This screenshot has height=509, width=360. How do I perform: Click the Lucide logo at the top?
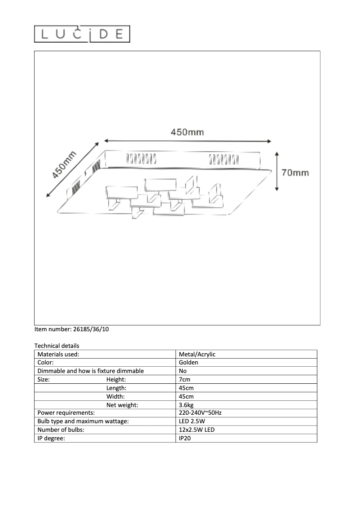click(82, 34)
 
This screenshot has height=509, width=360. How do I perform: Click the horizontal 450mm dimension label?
click(187, 132)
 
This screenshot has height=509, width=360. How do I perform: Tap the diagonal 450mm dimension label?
click(64, 165)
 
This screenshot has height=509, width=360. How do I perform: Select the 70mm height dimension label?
click(295, 172)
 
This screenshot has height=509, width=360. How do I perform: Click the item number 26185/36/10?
click(72, 329)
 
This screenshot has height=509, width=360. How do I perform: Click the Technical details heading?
click(57, 346)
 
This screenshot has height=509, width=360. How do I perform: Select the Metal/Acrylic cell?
click(197, 354)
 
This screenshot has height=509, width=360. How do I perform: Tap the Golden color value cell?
click(189, 362)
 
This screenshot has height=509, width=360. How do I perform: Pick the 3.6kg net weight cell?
click(186, 405)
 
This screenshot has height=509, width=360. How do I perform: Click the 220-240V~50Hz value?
click(200, 413)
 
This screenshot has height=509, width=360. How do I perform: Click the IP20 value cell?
click(185, 438)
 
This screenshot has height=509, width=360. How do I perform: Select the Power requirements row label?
click(66, 413)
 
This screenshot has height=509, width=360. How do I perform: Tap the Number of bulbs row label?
click(61, 430)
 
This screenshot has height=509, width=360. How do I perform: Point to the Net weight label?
click(122, 405)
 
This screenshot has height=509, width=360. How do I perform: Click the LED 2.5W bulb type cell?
click(192, 421)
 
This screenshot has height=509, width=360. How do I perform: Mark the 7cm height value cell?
click(184, 379)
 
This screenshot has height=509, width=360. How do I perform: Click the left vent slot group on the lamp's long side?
click(141, 159)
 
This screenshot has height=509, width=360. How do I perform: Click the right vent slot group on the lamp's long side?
click(223, 159)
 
